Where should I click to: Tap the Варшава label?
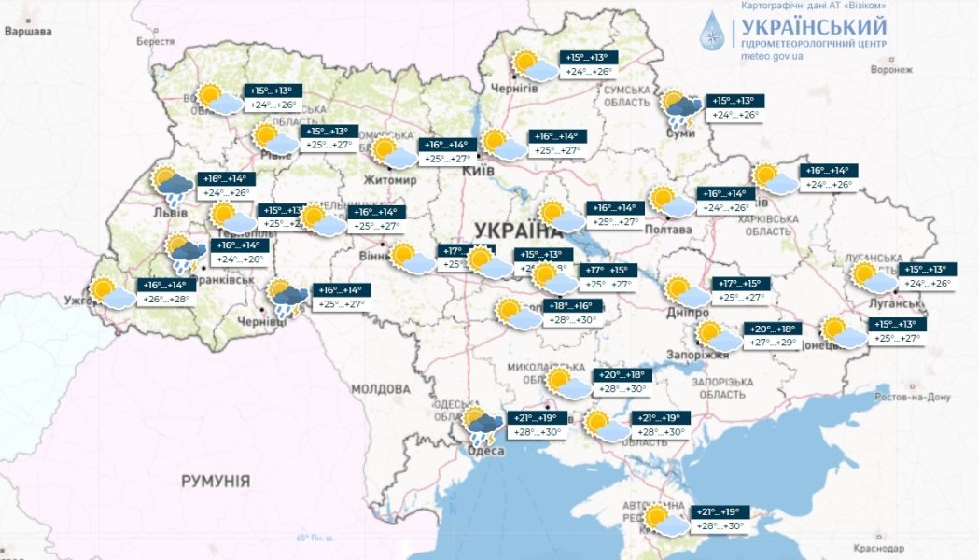point(27,32)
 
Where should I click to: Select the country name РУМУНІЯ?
point(216,481)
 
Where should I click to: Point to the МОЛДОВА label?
point(381,387)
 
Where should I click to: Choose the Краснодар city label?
point(887,548)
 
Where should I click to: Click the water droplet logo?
point(713,30)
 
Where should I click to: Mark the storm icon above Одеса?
point(483,425)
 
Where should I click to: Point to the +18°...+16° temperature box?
point(571,305)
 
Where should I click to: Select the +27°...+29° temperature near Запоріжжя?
point(774,343)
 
